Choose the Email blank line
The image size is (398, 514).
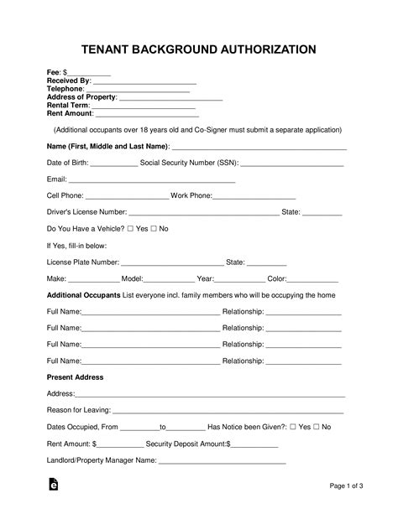(151, 181)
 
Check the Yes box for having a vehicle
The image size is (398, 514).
(130, 229)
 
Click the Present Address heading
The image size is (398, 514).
(75, 377)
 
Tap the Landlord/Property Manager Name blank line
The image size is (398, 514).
(223, 462)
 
